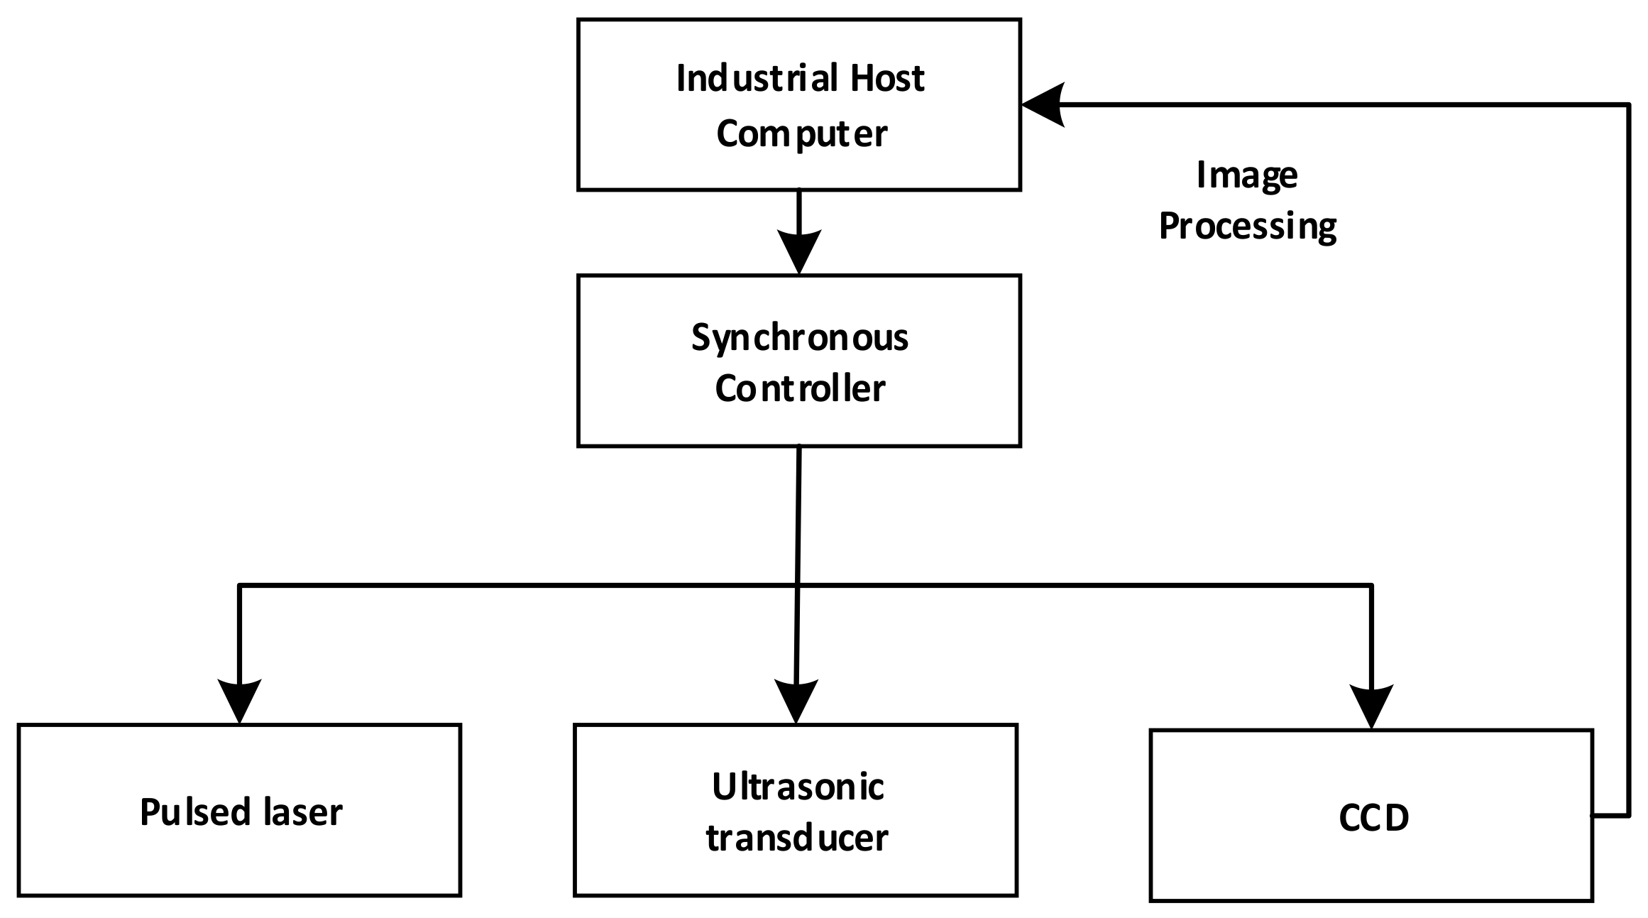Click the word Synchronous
pos(800,338)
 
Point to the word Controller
pos(800,389)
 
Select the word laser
pos(303,812)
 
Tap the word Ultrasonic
pos(798,787)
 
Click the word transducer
pos(797,838)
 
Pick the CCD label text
pos(1373,818)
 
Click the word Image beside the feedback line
pos(1247,175)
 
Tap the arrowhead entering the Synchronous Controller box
pos(799,252)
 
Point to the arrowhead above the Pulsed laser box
pos(240,701)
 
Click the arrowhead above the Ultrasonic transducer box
pos(796,701)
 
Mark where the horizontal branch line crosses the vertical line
pos(798,585)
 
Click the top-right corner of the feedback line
pos(1627,105)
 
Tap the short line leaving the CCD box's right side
pos(1610,816)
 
